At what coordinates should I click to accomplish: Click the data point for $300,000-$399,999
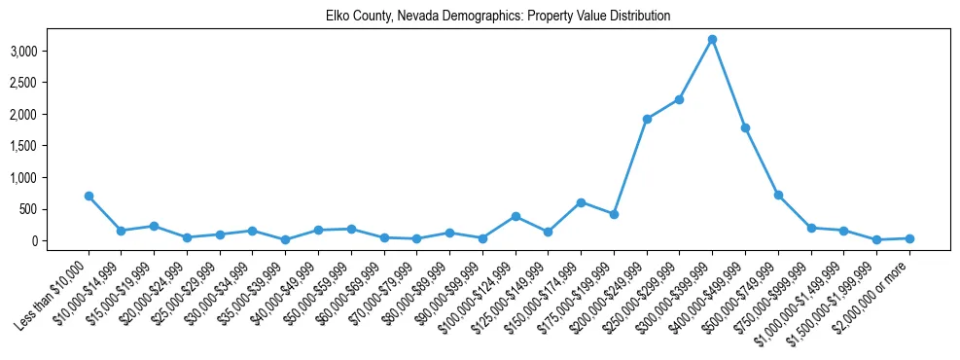[x=713, y=39]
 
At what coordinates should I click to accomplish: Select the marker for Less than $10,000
[x=89, y=196]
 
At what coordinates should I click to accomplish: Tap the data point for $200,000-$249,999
[x=647, y=119]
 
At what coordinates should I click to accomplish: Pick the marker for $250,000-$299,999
[x=680, y=99]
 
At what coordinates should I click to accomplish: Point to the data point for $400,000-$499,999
[x=745, y=127]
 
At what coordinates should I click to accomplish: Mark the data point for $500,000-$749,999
[x=778, y=195]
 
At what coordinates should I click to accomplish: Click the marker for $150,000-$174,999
[x=581, y=202]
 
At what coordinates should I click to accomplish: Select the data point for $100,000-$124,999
[x=516, y=216]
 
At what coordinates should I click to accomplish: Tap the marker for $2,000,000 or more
[x=909, y=238]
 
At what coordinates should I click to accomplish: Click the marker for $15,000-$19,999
[x=154, y=226]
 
